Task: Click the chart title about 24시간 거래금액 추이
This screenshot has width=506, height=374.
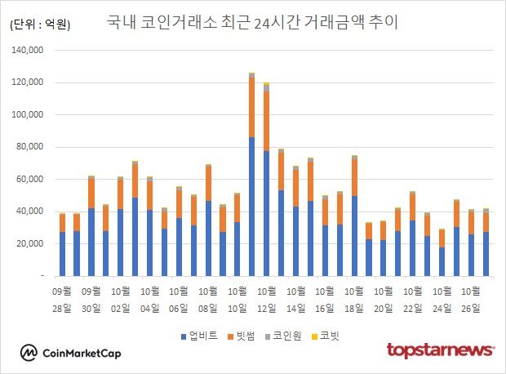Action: [x=252, y=22]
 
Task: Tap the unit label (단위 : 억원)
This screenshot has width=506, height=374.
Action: [x=40, y=24]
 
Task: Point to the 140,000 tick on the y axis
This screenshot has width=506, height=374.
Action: [x=29, y=51]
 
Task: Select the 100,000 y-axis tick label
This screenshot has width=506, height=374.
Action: [x=29, y=115]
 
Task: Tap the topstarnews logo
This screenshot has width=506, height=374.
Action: [x=440, y=350]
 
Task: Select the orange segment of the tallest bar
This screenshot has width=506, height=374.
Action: [x=251, y=106]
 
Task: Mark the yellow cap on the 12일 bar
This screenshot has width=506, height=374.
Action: [x=266, y=83]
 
